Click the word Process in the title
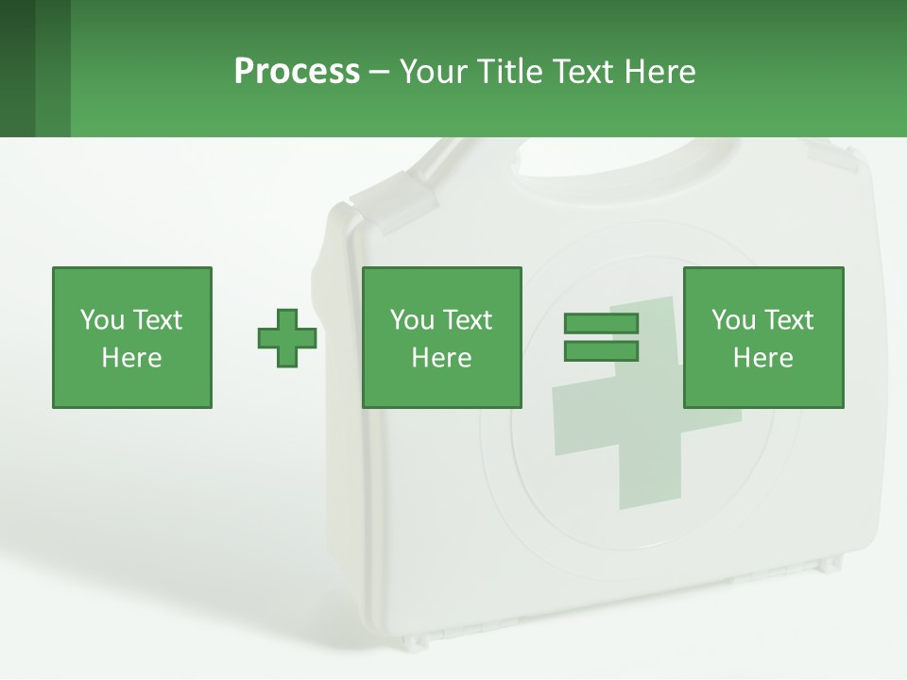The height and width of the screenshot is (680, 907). (x=297, y=71)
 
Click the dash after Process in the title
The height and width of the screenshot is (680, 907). (x=379, y=72)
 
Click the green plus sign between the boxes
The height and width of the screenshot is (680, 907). (x=287, y=338)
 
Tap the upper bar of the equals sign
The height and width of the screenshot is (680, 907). (x=601, y=323)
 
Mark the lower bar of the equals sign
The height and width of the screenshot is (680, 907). (x=601, y=351)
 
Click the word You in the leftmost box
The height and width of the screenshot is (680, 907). (x=102, y=320)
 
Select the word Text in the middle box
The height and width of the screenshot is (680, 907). (x=467, y=320)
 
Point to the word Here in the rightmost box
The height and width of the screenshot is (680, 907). (x=762, y=358)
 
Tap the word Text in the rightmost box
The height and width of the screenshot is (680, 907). (x=788, y=320)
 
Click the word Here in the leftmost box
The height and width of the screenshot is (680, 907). (x=131, y=358)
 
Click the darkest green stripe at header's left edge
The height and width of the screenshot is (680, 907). (x=17, y=68)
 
